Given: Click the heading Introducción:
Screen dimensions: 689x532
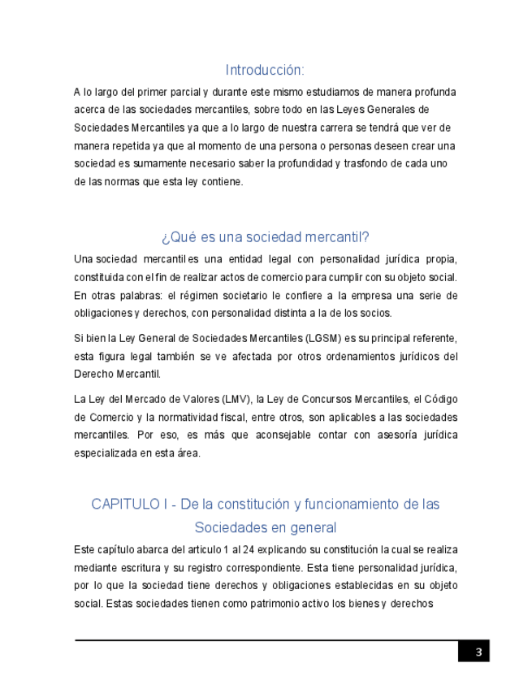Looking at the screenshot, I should click(x=265, y=70).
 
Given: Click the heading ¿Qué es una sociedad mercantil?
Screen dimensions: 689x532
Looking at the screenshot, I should click(x=265, y=237).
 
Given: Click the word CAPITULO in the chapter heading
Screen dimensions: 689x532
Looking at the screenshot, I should click(x=126, y=505).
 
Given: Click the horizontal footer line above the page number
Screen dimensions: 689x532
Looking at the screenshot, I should click(x=268, y=640).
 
